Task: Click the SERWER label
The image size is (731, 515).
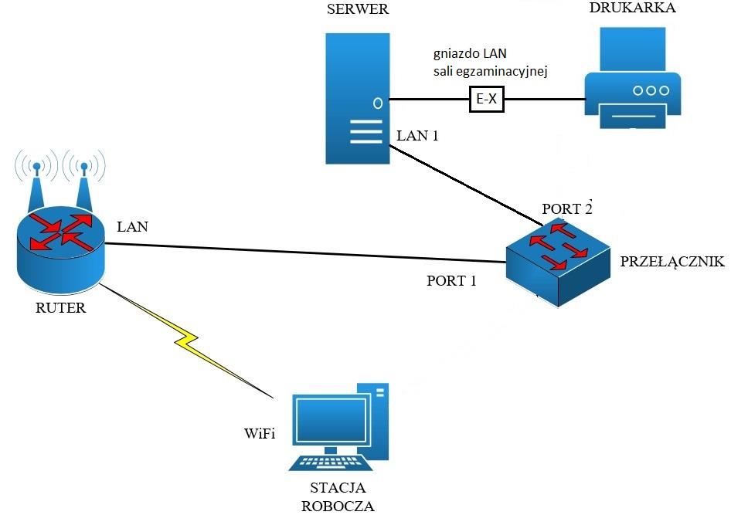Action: click(x=358, y=10)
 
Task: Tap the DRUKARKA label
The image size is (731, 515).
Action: click(x=632, y=8)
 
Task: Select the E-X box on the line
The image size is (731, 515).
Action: click(x=486, y=99)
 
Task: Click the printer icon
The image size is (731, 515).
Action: click(x=631, y=80)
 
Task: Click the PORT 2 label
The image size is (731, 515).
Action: click(x=566, y=208)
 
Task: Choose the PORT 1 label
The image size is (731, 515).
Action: click(x=451, y=281)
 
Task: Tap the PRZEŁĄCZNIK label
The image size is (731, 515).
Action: click(x=671, y=263)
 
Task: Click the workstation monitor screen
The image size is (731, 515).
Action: click(x=331, y=422)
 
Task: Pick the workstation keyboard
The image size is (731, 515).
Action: click(x=331, y=462)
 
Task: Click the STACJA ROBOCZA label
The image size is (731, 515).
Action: click(x=338, y=497)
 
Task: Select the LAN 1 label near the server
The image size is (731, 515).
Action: click(x=417, y=136)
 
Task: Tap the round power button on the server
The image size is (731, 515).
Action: click(x=377, y=102)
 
